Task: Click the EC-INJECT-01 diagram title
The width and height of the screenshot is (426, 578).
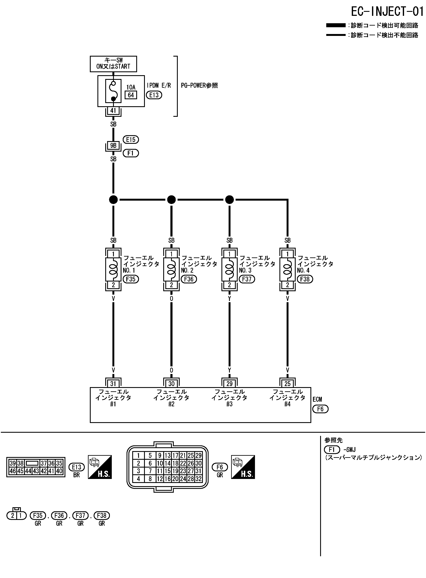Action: click(x=387, y=12)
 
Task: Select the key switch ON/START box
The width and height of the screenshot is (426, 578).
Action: click(x=113, y=64)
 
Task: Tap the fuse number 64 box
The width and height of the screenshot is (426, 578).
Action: click(x=131, y=95)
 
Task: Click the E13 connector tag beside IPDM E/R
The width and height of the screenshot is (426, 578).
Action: click(x=154, y=95)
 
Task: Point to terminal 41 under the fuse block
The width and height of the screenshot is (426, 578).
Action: click(x=113, y=111)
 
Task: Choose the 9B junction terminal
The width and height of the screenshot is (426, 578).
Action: click(x=113, y=146)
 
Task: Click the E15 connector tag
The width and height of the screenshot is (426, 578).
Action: click(x=131, y=140)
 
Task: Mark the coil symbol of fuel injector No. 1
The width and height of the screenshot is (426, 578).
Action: click(x=113, y=269)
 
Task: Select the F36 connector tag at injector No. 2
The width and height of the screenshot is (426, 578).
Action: click(x=189, y=279)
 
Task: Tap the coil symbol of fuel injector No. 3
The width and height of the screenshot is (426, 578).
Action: click(x=229, y=269)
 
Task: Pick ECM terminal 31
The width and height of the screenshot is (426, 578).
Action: click(x=113, y=384)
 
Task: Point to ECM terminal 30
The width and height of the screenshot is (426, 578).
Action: click(x=171, y=384)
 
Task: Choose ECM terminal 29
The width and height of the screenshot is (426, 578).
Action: click(x=229, y=384)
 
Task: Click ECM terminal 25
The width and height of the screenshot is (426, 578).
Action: click(x=287, y=384)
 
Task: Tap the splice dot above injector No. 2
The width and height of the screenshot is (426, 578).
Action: click(x=171, y=200)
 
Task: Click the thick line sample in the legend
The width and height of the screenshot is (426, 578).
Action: click(x=336, y=25)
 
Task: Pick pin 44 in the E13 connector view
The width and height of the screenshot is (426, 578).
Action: click(x=28, y=471)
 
